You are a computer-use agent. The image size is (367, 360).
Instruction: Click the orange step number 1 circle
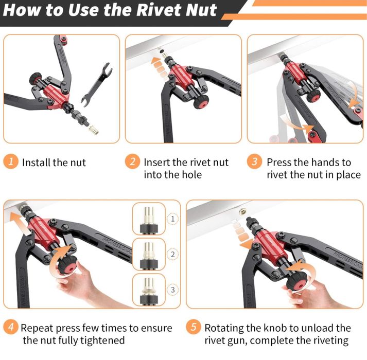coord(10,161)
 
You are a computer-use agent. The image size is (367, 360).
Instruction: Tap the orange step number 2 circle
coord(132,161)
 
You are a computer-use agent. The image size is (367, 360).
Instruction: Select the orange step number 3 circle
coord(254,161)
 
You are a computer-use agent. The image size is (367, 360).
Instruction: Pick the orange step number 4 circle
coord(11,327)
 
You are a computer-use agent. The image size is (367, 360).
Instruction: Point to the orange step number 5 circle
coord(194,327)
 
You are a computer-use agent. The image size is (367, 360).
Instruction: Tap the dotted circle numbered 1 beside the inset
coord(172,219)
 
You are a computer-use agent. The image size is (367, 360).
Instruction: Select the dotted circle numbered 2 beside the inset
coord(172,254)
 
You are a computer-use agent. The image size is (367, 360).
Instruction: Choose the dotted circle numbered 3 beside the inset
coord(172,290)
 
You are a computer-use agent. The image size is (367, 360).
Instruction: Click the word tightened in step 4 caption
coord(101,340)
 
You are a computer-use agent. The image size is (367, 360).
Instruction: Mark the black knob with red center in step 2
coord(201,102)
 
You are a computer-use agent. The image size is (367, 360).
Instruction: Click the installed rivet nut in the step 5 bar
coord(243,212)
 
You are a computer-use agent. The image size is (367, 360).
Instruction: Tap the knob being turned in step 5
coord(296,282)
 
